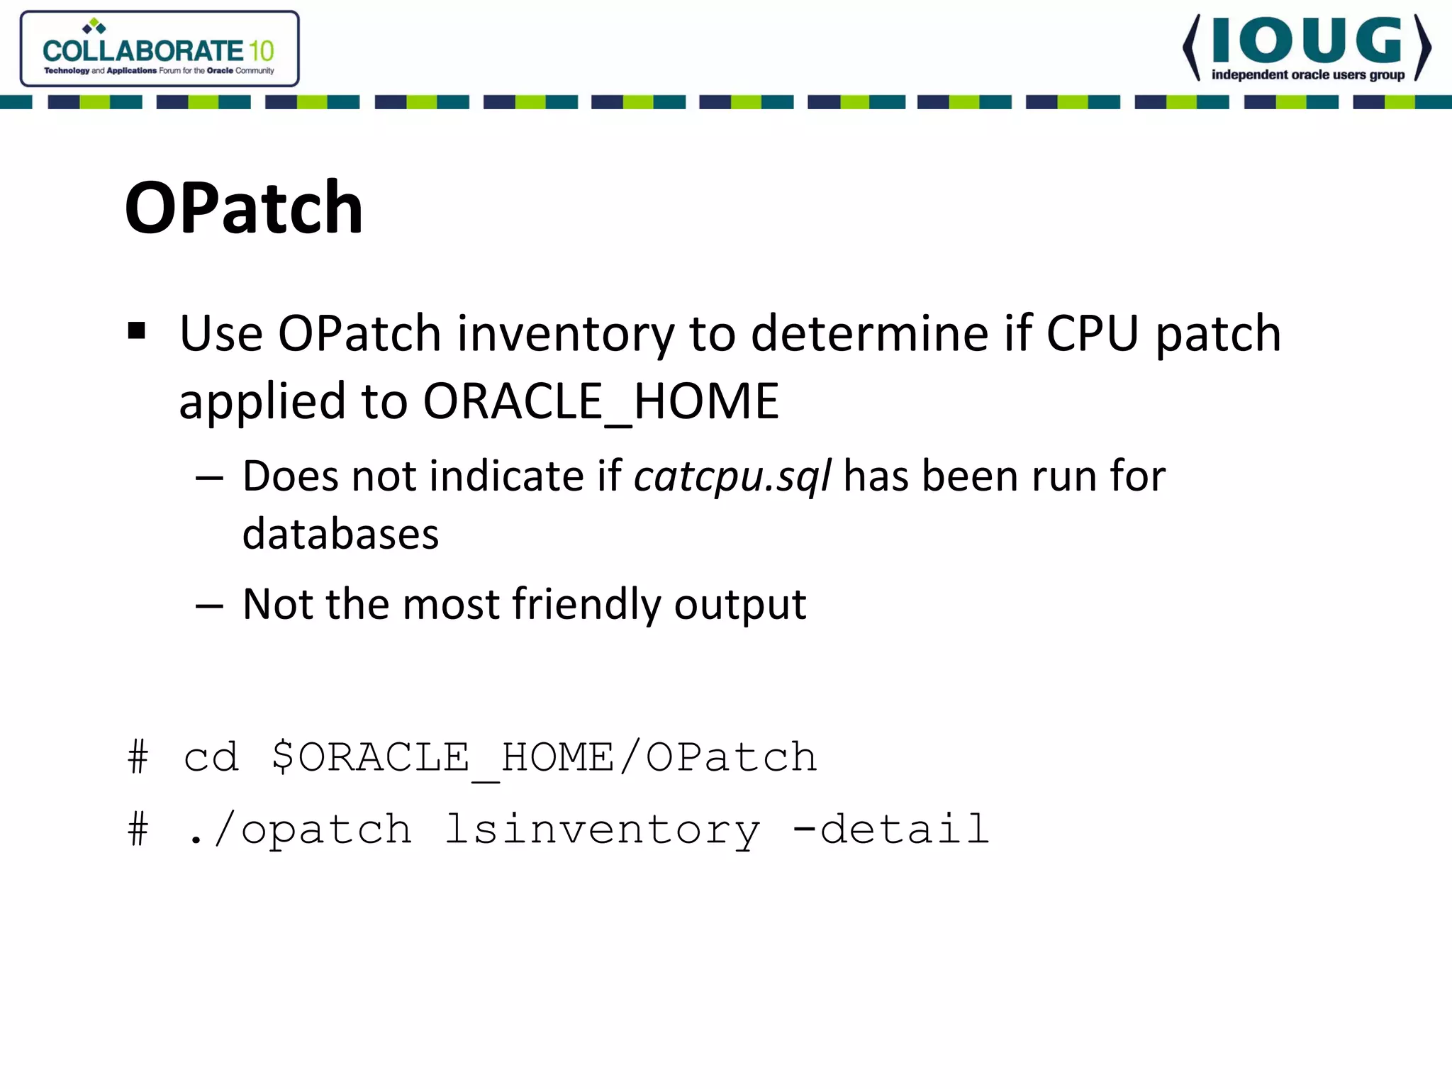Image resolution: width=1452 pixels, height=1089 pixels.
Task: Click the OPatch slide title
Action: [x=243, y=208]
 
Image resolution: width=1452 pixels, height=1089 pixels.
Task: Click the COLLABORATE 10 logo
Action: [x=159, y=50]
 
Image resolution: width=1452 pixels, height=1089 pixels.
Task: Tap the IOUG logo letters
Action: [x=1307, y=41]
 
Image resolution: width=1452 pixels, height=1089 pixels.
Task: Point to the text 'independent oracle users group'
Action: [x=1307, y=75]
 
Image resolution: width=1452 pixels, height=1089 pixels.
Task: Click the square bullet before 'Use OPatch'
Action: [x=137, y=331]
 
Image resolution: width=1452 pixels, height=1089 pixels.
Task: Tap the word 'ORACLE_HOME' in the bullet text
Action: [x=601, y=401]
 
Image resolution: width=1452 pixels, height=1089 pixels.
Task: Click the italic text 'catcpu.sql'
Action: [x=732, y=476]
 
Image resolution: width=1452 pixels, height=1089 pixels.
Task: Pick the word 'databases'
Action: [x=340, y=534]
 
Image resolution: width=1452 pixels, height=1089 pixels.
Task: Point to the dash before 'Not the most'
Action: [x=209, y=606]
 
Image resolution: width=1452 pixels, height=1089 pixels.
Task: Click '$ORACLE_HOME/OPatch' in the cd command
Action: [x=544, y=757]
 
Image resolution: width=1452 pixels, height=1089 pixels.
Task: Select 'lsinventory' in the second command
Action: [x=602, y=830]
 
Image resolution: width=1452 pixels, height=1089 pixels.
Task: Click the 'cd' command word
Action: [x=211, y=757]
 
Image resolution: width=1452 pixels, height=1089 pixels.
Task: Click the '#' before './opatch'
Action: [x=138, y=830]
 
